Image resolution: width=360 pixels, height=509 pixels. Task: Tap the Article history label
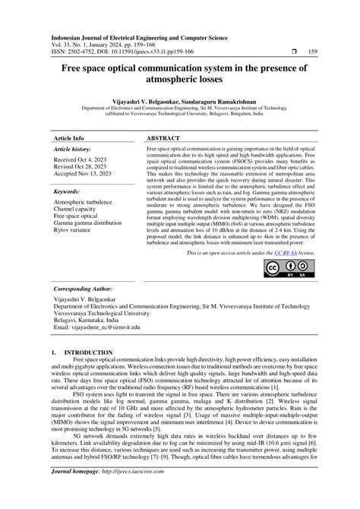pyautogui.click(x=74, y=150)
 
